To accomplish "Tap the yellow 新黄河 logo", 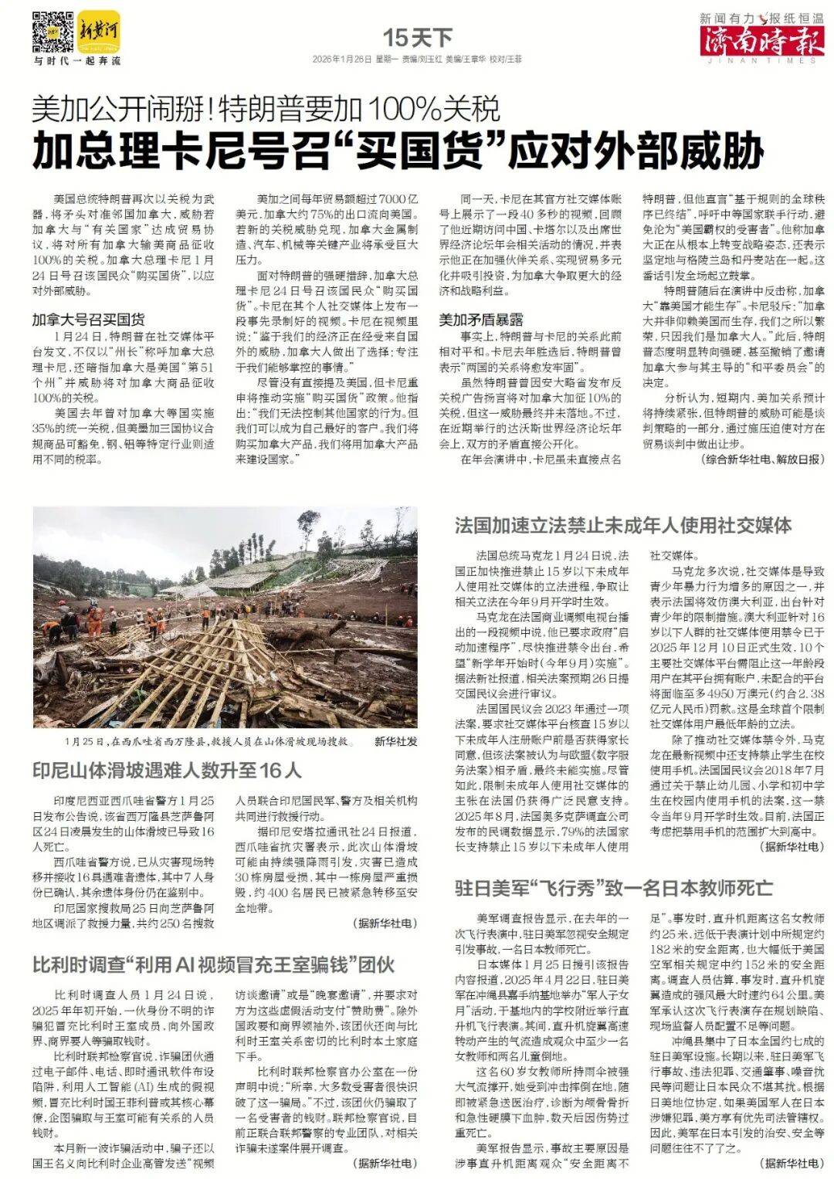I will pyautogui.click(x=99, y=31).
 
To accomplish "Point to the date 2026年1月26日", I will pyautogui.click(x=342, y=59).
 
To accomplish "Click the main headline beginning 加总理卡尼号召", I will pyautogui.click(x=398, y=151).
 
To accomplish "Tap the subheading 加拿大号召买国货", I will pyautogui.click(x=89, y=319).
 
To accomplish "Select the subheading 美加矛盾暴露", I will pyautogui.click(x=482, y=319).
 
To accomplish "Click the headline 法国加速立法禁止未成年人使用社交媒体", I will pyautogui.click(x=622, y=526).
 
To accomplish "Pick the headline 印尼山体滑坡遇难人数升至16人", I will pyautogui.click(x=167, y=770).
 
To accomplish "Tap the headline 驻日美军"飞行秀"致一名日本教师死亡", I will pyautogui.click(x=613, y=886).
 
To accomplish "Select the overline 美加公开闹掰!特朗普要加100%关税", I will pyautogui.click(x=266, y=110).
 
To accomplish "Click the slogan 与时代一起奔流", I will pyautogui.click(x=76, y=60).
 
